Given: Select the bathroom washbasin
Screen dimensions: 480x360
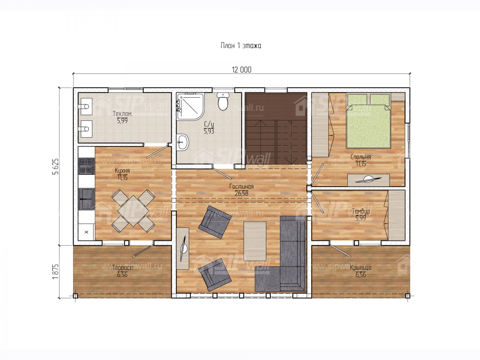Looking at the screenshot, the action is click(x=182, y=142).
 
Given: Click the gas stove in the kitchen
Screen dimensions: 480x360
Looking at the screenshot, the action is click(x=86, y=166).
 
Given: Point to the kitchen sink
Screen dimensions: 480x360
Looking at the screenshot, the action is click(x=86, y=199).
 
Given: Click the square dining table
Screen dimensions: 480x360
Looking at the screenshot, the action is click(x=133, y=211).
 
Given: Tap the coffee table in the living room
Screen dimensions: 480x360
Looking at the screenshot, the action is click(x=255, y=241).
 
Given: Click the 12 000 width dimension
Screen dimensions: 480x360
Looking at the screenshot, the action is click(x=242, y=70).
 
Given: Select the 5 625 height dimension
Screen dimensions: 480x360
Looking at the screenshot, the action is click(x=56, y=166).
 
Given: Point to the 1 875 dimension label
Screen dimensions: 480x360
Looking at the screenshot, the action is click(x=56, y=271).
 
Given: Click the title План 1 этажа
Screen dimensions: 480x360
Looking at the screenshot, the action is click(x=241, y=46).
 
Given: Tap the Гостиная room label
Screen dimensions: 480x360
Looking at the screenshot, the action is click(x=242, y=186).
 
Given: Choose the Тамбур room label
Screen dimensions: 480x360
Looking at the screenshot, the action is click(x=361, y=211).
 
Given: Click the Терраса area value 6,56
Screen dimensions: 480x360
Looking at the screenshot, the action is click(x=122, y=274).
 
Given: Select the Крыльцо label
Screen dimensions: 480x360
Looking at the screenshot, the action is click(x=361, y=268).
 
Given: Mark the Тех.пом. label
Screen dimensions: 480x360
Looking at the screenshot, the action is click(x=122, y=114).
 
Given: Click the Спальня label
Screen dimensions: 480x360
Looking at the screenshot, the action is click(x=361, y=157).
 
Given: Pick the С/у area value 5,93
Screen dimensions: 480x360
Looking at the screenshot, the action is click(x=209, y=131).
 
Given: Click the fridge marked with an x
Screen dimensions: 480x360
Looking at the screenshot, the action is click(x=86, y=232).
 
